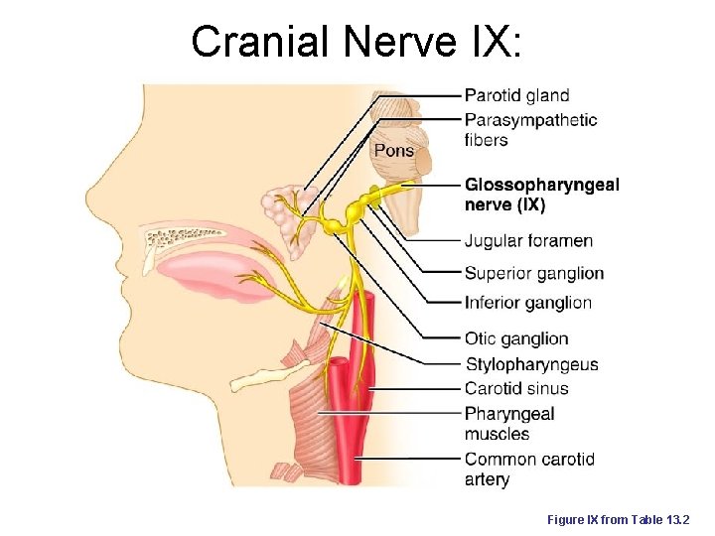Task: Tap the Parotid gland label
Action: tap(516, 96)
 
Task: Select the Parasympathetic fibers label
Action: tap(530, 130)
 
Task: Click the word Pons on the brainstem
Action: tap(394, 151)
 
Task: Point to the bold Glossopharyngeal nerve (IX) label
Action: tap(541, 195)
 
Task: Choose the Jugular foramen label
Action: tap(528, 241)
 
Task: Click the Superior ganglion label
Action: tap(533, 273)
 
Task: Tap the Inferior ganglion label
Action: tap(527, 303)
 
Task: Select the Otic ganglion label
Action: tap(516, 338)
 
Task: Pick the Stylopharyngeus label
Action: tap(531, 364)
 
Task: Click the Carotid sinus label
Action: tap(516, 388)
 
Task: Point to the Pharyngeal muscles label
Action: tap(509, 424)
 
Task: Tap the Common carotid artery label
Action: tap(529, 469)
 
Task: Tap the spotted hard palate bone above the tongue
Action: tap(189, 239)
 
